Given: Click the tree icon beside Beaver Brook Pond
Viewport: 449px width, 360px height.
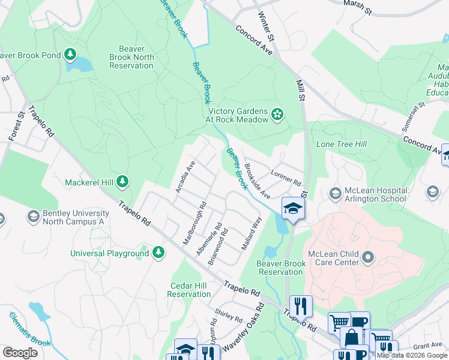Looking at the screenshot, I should pos(71,55).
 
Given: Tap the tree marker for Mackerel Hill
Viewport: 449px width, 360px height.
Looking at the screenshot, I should pos(122,181).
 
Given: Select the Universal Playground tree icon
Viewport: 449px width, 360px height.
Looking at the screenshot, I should pos(158,253).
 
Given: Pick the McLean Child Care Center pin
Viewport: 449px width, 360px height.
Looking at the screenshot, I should pos(369,258).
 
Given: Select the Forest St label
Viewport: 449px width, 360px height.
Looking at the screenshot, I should pos(17,125).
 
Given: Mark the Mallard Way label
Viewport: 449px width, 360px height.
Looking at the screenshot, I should pos(252,233).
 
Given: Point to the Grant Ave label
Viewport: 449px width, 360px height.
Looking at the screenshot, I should pos(427,346).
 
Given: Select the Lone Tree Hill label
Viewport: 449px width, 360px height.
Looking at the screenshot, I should pos(341,144).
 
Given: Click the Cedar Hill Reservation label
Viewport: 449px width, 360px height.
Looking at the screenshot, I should pos(189,289).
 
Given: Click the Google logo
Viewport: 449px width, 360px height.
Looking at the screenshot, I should pos(20,352).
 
